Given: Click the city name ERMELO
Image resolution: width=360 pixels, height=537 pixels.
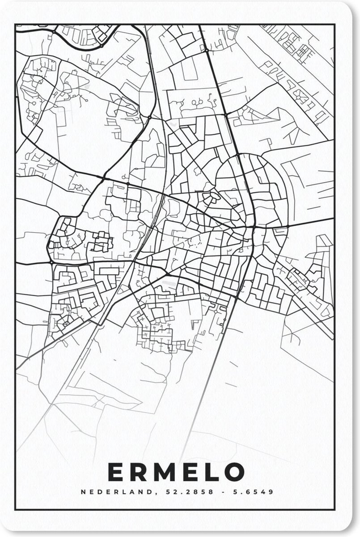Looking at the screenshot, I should (177, 472).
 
